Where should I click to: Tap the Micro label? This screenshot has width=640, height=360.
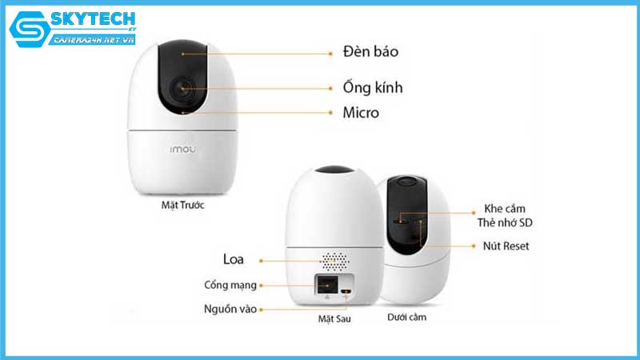click(x=361, y=112)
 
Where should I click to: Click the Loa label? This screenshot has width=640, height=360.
click(x=234, y=258)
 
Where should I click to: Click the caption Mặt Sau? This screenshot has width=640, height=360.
click(x=334, y=318)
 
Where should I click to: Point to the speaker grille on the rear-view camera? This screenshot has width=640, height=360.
click(x=335, y=261)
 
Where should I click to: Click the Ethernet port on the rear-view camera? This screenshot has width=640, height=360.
click(x=326, y=286)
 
